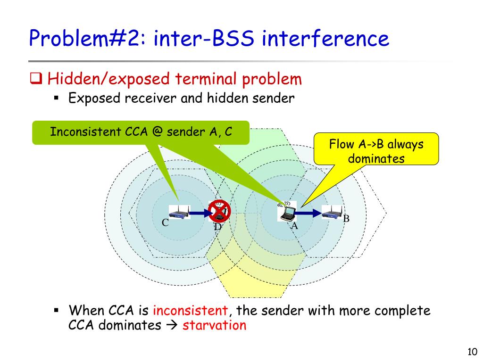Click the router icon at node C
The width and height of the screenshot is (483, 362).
click(x=179, y=213)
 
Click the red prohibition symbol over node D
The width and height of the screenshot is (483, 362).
click(x=219, y=211)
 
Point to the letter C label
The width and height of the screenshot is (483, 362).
click(x=166, y=223)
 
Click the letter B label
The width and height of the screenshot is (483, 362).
click(x=346, y=219)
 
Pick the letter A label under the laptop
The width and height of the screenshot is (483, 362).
click(x=294, y=226)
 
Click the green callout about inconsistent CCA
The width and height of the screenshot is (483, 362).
click(x=141, y=132)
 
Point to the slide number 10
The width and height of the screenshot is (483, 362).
click(x=472, y=352)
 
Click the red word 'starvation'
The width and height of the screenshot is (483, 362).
click(x=214, y=325)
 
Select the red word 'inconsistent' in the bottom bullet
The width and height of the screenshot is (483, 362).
click(x=190, y=311)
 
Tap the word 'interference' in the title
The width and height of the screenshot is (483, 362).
click(x=325, y=39)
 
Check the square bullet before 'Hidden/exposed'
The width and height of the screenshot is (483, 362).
click(x=36, y=79)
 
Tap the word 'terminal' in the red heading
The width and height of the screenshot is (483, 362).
click(x=205, y=79)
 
